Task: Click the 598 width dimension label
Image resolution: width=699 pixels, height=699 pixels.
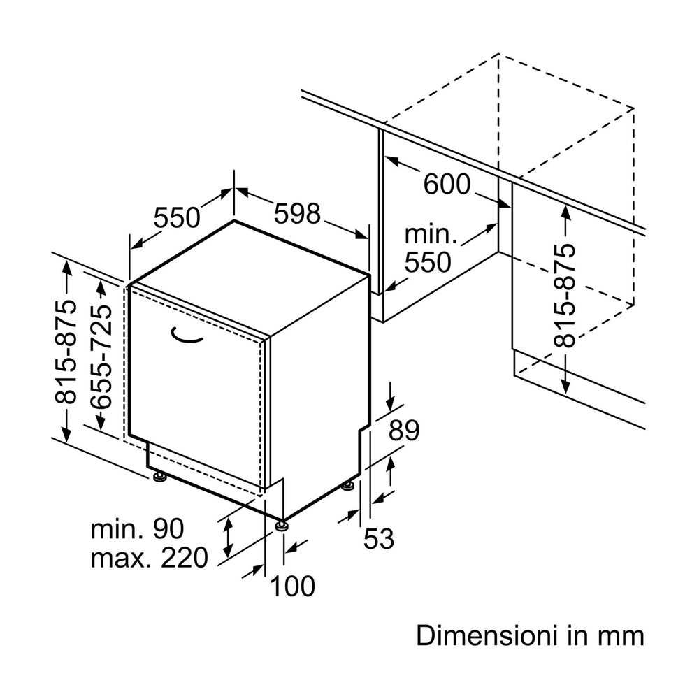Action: pyautogui.click(x=296, y=213)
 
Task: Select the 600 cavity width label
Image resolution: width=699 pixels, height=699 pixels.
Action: pyautogui.click(x=447, y=185)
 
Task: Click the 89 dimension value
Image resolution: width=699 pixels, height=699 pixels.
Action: pyautogui.click(x=403, y=431)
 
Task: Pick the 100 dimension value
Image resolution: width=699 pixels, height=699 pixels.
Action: pyautogui.click(x=292, y=586)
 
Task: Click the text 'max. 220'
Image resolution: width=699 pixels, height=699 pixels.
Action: pyautogui.click(x=150, y=558)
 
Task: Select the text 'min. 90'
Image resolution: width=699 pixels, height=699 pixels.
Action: pyautogui.click(x=137, y=528)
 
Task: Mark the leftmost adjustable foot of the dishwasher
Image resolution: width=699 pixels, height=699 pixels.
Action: pyautogui.click(x=160, y=477)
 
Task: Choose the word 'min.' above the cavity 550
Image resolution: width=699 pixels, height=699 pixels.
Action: pyautogui.click(x=431, y=234)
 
